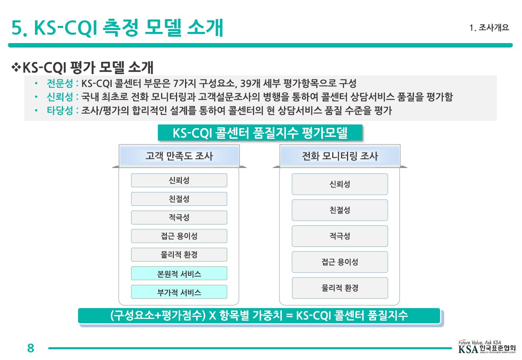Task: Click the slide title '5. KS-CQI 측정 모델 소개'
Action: coord(117,28)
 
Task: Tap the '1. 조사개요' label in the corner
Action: coord(489,28)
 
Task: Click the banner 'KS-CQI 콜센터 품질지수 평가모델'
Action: coord(260,133)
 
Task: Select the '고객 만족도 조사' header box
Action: coord(179,156)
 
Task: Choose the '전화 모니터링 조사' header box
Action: coord(340,156)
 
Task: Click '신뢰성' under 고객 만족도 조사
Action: coord(179,180)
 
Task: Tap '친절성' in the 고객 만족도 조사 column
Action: coord(179,199)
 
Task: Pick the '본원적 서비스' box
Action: coord(179,273)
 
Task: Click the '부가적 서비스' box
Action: coord(179,292)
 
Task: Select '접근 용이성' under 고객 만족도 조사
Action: coord(179,236)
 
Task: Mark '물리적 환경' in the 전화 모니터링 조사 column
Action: coord(340,288)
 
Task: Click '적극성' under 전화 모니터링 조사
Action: coord(340,236)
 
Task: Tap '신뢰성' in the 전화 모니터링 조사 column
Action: coord(340,184)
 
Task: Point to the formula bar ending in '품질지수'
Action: coord(259,316)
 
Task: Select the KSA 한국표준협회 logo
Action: coord(487,348)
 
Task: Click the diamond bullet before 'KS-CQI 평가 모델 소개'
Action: coord(17,67)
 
